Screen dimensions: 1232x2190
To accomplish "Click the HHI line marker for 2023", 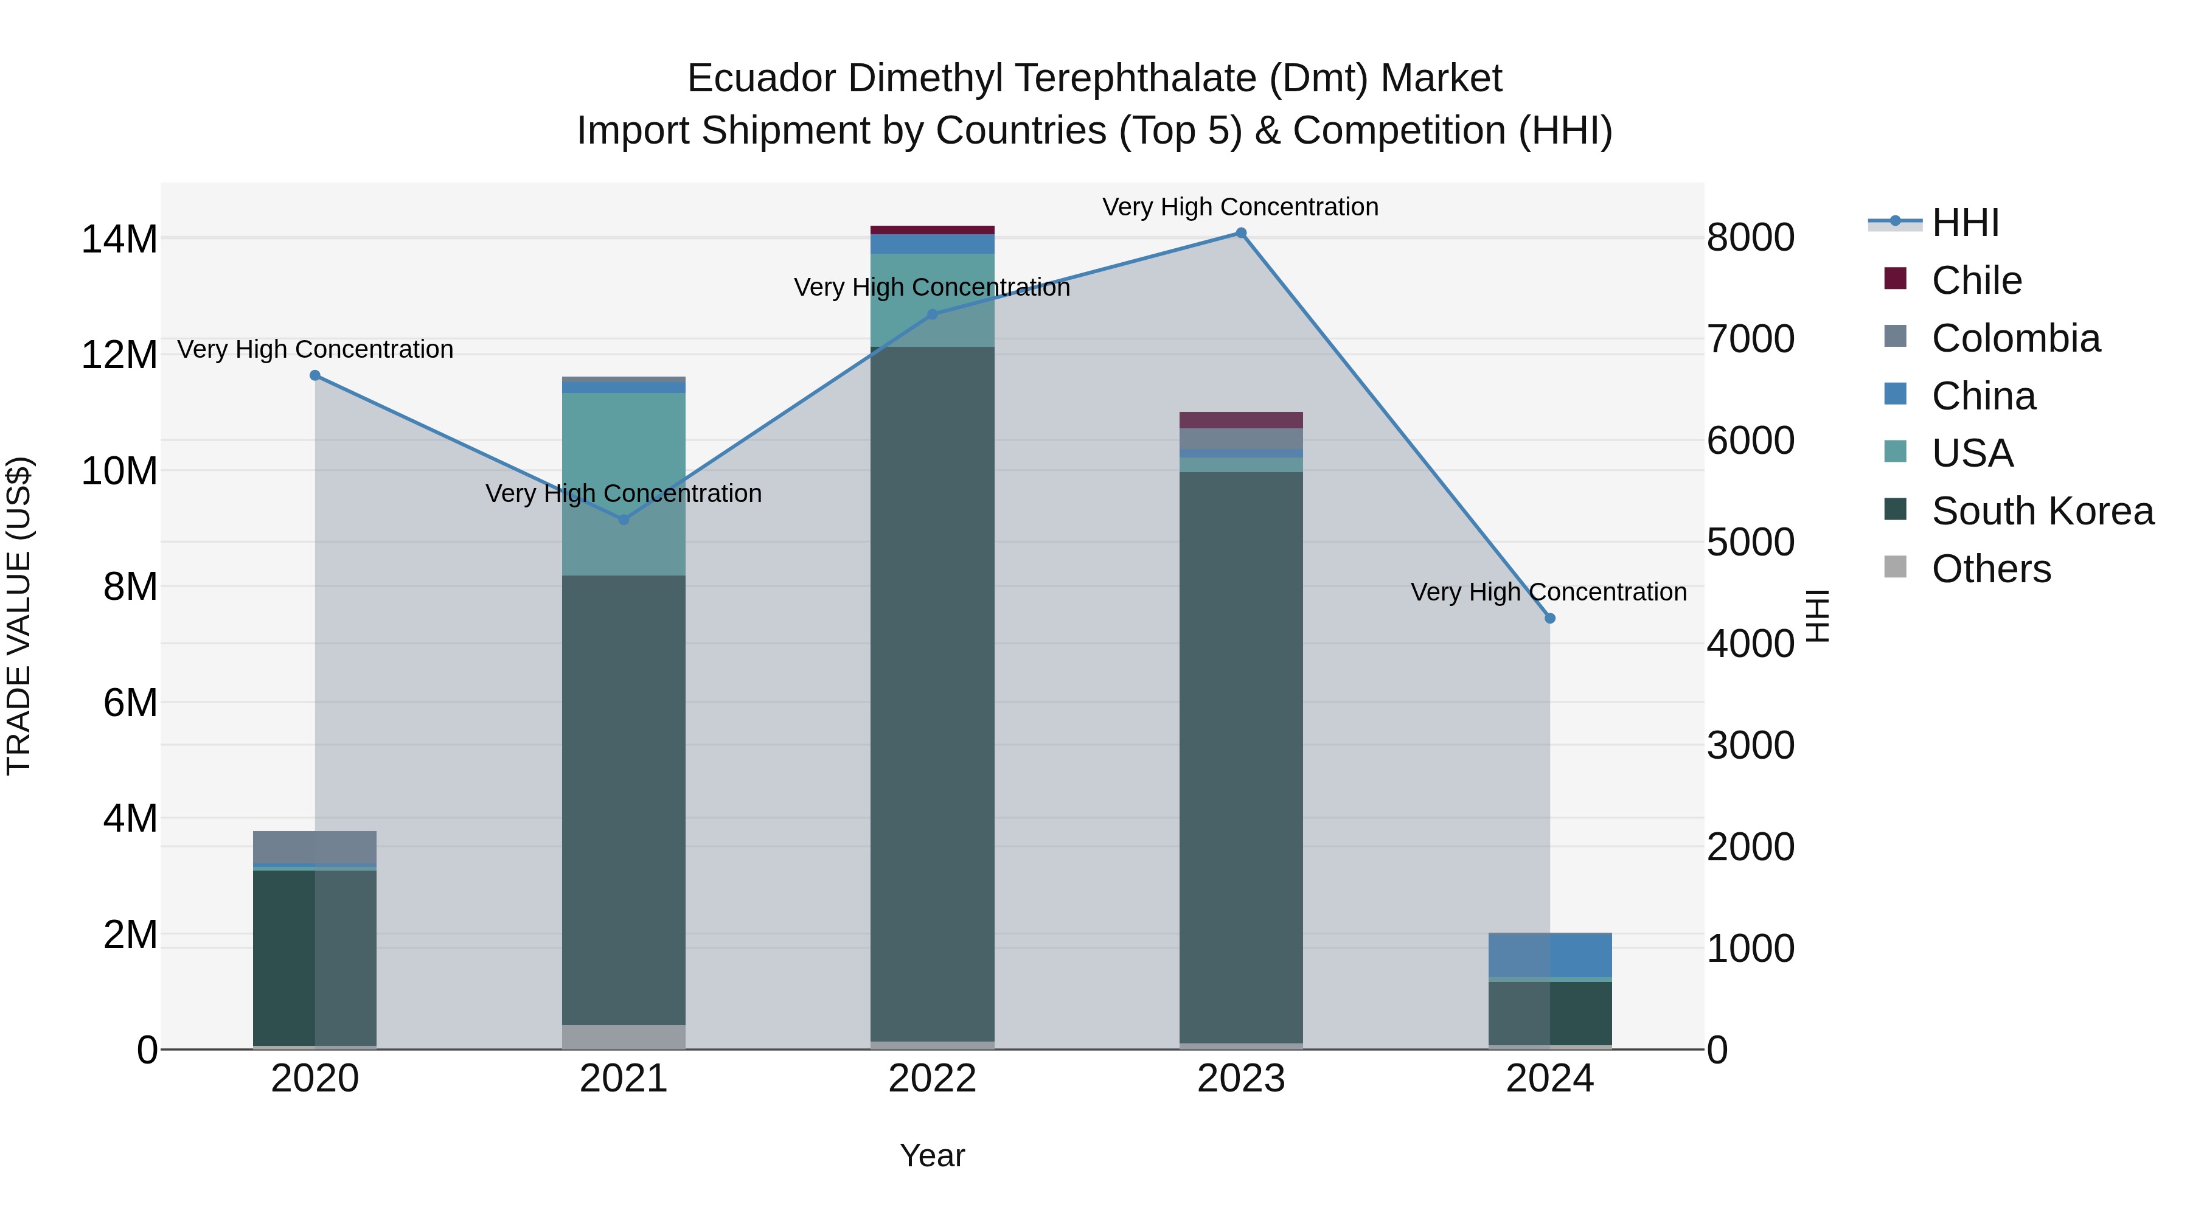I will pyautogui.click(x=1240, y=233).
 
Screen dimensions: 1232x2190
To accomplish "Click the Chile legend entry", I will pyautogui.click(x=1976, y=280).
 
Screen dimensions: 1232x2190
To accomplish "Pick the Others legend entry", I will pyautogui.click(x=1990, y=569).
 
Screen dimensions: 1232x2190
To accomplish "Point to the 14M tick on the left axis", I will pyautogui.click(x=119, y=239).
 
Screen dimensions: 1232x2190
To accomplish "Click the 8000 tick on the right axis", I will pyautogui.click(x=1750, y=237).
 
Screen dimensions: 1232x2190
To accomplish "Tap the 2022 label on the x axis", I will pyautogui.click(x=932, y=1079).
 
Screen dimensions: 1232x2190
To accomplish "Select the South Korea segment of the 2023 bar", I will pyautogui.click(x=1240, y=757).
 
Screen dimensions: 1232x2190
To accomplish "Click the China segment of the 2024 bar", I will pyautogui.click(x=1550, y=955).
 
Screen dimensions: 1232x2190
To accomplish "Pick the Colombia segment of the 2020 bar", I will pyautogui.click(x=315, y=847).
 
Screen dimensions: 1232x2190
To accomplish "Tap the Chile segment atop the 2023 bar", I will pyautogui.click(x=1240, y=420).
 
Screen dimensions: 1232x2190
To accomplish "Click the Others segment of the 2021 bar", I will pyautogui.click(x=624, y=1037).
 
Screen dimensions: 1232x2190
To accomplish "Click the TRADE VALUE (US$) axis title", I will pyautogui.click(x=19, y=616).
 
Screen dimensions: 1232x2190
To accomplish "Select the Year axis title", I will pyautogui.click(x=932, y=1155).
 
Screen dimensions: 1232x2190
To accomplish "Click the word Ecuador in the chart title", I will pyautogui.click(x=761, y=78).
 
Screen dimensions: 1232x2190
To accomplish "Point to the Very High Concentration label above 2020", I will pyautogui.click(x=315, y=349).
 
